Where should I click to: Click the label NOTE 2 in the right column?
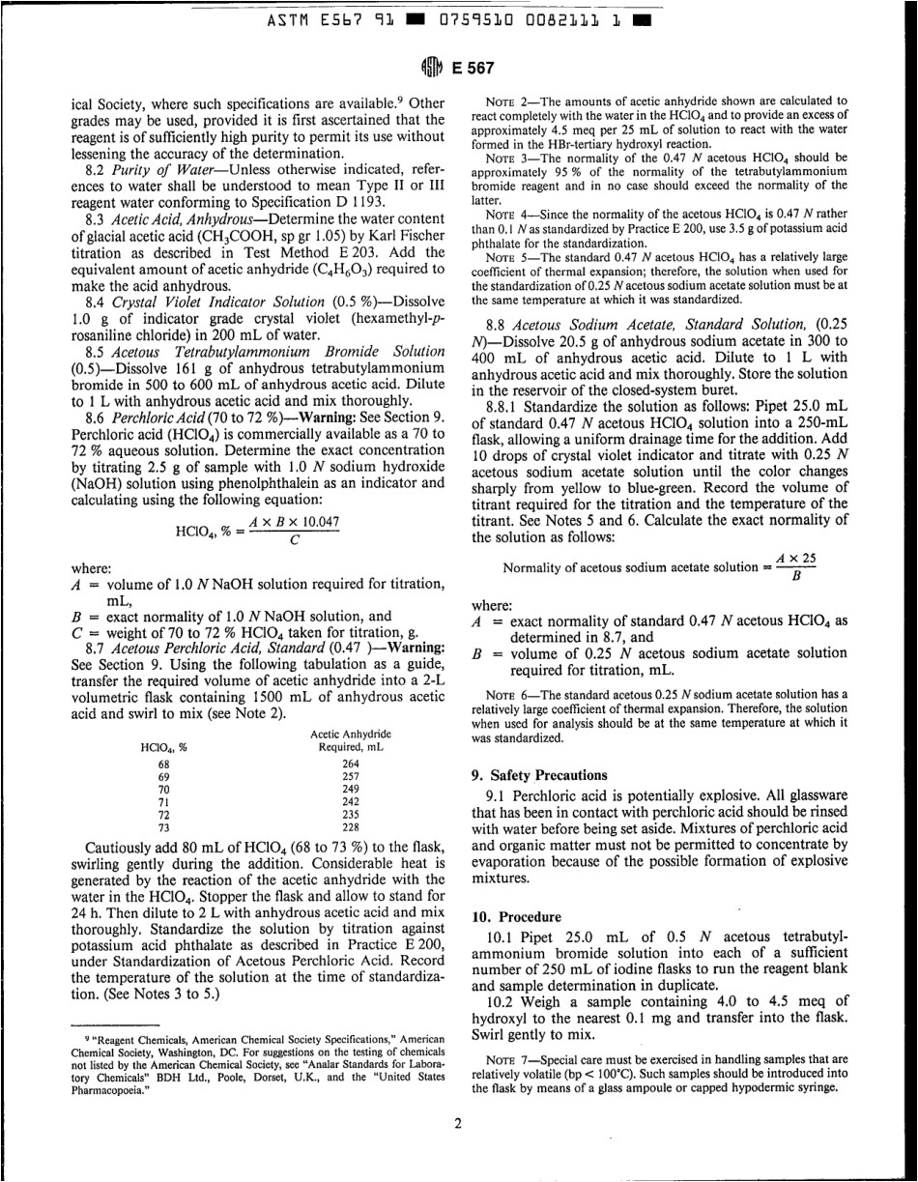(506, 101)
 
